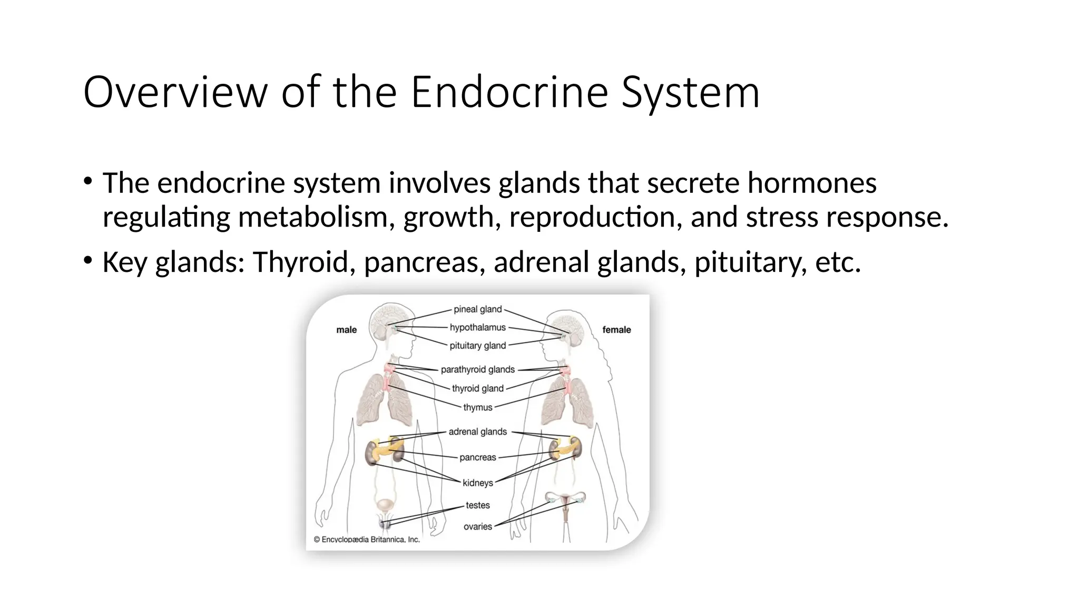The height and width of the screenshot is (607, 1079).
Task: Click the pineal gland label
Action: coord(477,309)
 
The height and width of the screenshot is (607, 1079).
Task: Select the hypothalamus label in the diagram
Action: coord(477,327)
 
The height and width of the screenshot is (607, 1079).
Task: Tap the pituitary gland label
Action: coord(477,346)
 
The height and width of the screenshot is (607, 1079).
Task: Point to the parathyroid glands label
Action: coord(477,369)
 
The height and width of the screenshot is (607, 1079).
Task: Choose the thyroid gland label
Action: coord(477,388)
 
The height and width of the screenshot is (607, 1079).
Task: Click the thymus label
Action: coord(477,407)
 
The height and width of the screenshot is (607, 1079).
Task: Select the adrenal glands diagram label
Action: coord(477,432)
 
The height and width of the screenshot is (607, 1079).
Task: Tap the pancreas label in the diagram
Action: coord(477,457)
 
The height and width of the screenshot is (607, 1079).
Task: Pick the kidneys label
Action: coord(477,483)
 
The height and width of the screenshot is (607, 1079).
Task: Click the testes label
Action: coord(477,505)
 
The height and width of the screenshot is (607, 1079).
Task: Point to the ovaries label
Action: coord(477,526)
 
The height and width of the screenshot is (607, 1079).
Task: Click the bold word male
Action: coord(346,330)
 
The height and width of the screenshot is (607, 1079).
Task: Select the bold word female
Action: coord(616,330)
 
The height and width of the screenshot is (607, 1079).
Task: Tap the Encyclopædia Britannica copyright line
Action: coord(367,540)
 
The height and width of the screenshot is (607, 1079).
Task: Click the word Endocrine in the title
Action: coord(509,92)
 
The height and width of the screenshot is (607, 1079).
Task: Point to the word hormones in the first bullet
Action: coord(812,183)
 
